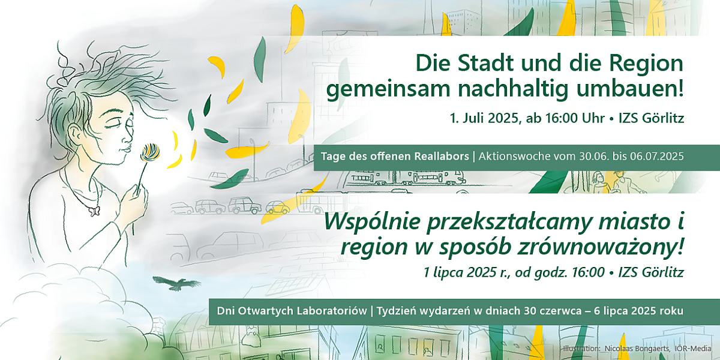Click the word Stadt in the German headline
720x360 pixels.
[485, 63]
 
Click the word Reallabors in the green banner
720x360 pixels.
[442, 156]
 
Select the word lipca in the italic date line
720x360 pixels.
[448, 272]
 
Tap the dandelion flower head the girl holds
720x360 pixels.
[150, 152]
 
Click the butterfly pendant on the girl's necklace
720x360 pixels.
[95, 211]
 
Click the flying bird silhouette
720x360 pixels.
[177, 283]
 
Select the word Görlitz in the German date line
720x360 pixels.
[663, 118]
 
